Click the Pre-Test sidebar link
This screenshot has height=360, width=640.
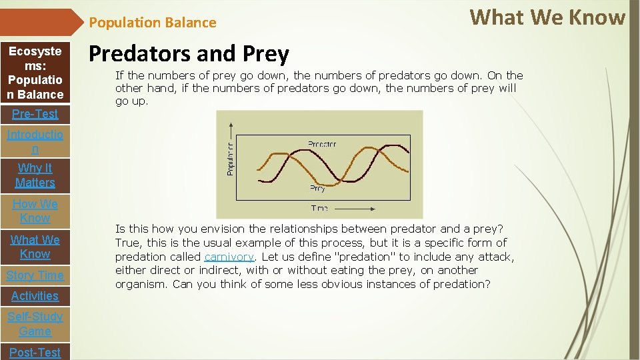pyautogui.click(x=35, y=114)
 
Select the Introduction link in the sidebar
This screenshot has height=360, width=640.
pyautogui.click(x=35, y=142)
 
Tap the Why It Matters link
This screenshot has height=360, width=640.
pyautogui.click(x=35, y=175)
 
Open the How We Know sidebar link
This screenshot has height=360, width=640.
pyautogui.click(x=35, y=211)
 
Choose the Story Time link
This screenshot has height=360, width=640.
pyautogui.click(x=35, y=275)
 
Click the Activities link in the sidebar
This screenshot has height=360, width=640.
pyautogui.click(x=35, y=295)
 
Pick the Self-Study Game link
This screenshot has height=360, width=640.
pyautogui.click(x=35, y=323)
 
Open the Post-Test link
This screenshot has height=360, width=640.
pyautogui.click(x=35, y=352)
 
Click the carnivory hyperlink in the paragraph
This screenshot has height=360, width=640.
pyautogui.click(x=229, y=257)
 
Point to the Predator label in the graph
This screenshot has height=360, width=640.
pyautogui.click(x=322, y=144)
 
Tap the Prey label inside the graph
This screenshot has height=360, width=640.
pyautogui.click(x=317, y=189)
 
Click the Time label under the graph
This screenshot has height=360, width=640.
pyautogui.click(x=319, y=209)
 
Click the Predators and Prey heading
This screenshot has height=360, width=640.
pyautogui.click(x=189, y=54)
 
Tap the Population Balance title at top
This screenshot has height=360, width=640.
pyautogui.click(x=153, y=23)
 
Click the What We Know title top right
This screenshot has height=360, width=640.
pyautogui.click(x=547, y=17)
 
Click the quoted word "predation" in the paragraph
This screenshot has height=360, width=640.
pyautogui.click(x=349, y=257)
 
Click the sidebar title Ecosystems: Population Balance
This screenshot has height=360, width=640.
pyautogui.click(x=35, y=73)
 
